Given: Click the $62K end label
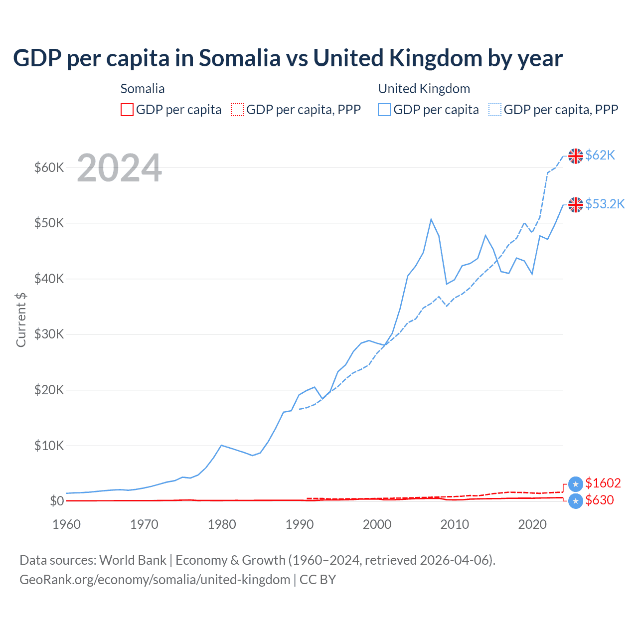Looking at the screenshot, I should (x=600, y=155).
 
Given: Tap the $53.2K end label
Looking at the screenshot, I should (x=605, y=204).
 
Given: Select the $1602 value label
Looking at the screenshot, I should (x=603, y=483).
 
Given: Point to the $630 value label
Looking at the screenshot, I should (x=599, y=500).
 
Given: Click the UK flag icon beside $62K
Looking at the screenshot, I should (x=576, y=156).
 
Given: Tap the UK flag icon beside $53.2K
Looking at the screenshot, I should (x=576, y=204).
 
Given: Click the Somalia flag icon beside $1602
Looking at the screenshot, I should (x=576, y=483).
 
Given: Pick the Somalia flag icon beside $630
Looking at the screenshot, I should (x=576, y=501).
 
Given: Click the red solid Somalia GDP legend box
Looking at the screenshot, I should (x=127, y=110).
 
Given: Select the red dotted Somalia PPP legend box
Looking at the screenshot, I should (x=237, y=110).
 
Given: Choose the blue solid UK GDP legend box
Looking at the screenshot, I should (x=384, y=110).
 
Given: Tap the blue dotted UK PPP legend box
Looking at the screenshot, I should (x=495, y=110).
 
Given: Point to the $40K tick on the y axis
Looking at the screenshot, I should (x=49, y=279).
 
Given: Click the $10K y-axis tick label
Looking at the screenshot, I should (x=49, y=446).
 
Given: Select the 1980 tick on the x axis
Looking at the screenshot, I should (x=222, y=524).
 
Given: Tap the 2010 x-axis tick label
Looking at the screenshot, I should (x=455, y=524).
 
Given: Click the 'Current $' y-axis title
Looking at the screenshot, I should (x=21, y=320).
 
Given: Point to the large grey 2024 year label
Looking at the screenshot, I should (x=119, y=168).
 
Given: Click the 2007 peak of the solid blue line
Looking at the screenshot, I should (x=431, y=219).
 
